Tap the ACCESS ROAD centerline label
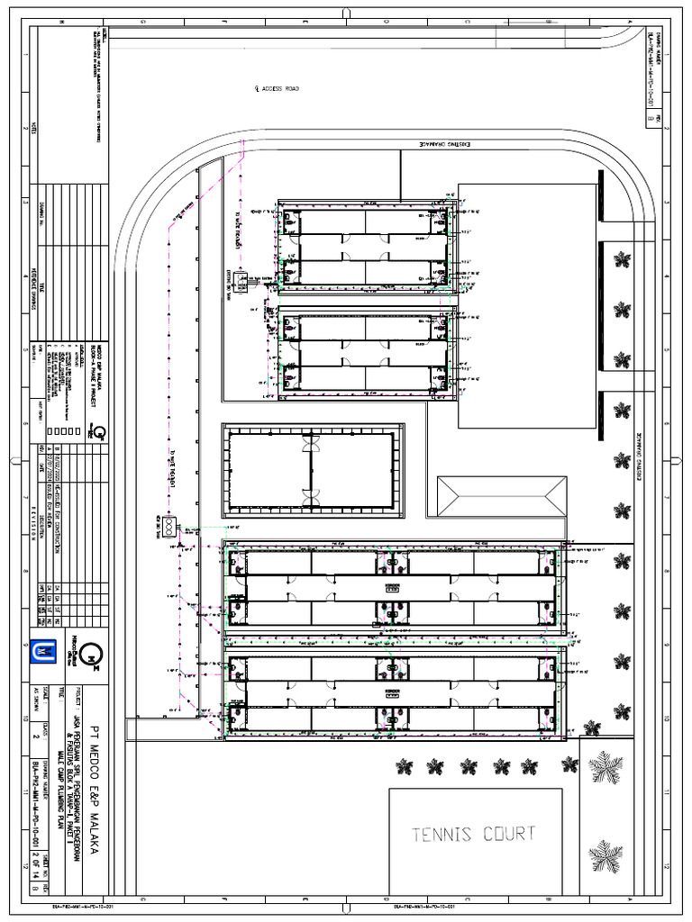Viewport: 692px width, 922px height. click(278, 89)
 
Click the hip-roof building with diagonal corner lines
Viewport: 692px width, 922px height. click(502, 496)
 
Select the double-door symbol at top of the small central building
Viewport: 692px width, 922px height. click(311, 446)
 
